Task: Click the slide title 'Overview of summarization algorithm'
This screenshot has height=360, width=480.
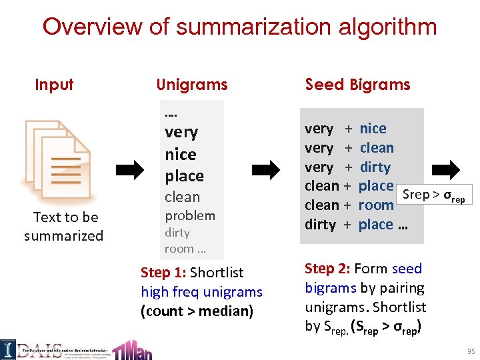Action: point(239,27)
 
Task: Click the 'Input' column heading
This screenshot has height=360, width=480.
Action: point(54,85)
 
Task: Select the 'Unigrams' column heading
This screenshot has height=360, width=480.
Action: point(191,85)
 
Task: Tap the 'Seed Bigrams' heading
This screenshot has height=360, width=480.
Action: point(357,85)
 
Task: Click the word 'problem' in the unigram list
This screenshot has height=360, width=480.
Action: point(190,215)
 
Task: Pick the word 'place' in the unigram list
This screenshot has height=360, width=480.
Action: point(185,176)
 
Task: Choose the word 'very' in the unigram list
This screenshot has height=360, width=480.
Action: point(181,132)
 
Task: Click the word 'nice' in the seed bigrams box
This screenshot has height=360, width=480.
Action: point(373,129)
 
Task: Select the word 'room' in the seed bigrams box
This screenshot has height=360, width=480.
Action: point(376,205)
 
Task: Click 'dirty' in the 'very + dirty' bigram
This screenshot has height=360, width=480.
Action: point(375,167)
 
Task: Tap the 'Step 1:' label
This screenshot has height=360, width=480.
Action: point(163,273)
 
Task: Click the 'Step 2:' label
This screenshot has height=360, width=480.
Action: point(327,269)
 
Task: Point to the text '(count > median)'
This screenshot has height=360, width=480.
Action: point(197,311)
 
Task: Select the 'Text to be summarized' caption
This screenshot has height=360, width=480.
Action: point(64,227)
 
